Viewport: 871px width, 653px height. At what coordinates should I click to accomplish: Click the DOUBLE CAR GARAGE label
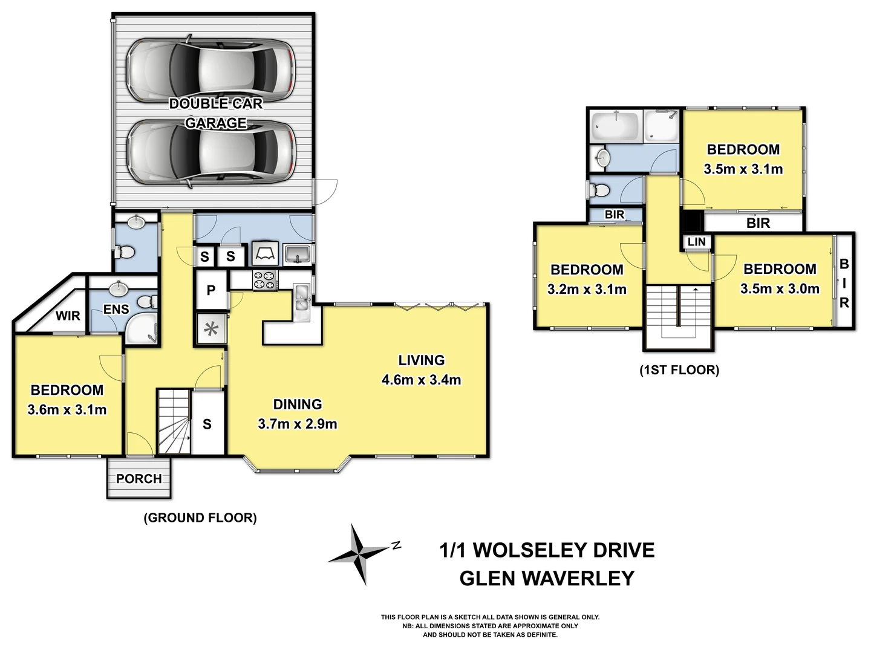coord(216,113)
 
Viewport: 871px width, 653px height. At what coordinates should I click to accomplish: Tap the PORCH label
coord(139,479)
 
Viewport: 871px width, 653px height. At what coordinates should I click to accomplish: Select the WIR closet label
coord(68,316)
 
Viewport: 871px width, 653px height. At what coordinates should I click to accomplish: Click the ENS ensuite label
coord(116,310)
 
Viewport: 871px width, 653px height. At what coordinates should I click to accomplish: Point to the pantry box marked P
coord(210,290)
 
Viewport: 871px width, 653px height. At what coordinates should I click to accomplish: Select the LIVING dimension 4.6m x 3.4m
coord(421,380)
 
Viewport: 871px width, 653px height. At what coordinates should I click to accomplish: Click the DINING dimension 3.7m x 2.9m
coord(297,424)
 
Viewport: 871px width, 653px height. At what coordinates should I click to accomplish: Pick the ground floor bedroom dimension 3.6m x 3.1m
coord(67,410)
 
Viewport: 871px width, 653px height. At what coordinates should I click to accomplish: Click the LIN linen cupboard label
coord(696,242)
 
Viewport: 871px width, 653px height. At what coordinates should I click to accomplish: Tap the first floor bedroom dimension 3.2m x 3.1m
coord(586,290)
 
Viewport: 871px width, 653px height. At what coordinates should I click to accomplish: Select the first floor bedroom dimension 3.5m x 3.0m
coord(780,289)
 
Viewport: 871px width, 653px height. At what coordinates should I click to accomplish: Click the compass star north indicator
coord(360,553)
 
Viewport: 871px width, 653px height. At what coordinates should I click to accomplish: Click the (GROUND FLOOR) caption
coord(200,518)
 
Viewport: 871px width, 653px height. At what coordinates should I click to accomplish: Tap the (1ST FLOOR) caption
coord(679,370)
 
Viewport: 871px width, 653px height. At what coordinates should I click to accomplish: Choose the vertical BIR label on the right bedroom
coord(844,284)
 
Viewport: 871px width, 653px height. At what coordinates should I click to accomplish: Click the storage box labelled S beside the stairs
coord(207,424)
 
